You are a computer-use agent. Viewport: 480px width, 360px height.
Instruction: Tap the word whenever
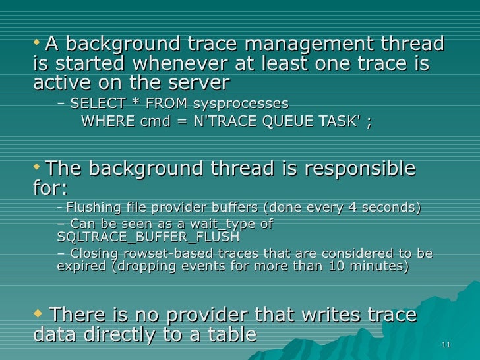click(x=170, y=64)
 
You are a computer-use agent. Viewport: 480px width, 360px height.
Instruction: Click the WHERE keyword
click(x=104, y=122)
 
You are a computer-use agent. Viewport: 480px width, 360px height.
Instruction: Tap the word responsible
click(x=360, y=169)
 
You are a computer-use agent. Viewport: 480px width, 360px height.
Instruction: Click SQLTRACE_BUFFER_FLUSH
click(x=148, y=237)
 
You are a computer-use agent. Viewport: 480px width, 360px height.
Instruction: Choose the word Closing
click(x=96, y=254)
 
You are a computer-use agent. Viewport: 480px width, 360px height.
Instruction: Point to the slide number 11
click(x=446, y=345)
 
